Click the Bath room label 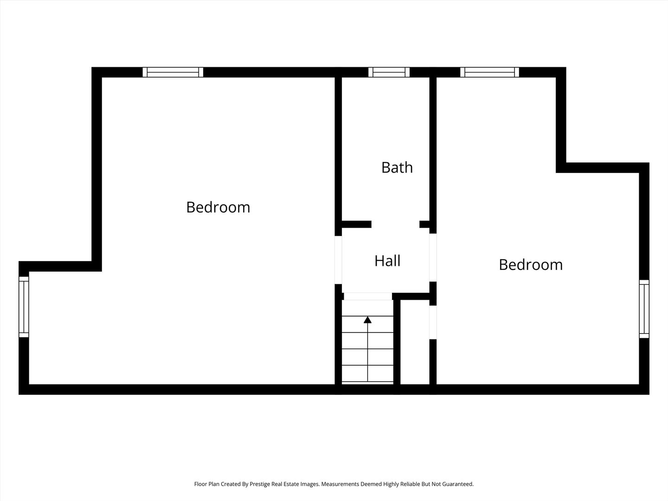[397, 167]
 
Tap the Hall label [387, 261]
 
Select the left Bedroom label [218, 207]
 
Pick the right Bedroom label [530, 264]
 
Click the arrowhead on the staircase [367, 320]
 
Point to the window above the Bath [389, 72]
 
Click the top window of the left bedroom [173, 72]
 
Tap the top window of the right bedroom [490, 72]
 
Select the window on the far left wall [24, 307]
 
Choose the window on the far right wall [644, 309]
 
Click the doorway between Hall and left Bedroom [338, 260]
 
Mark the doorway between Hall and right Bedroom [433, 257]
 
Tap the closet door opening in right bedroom [433, 322]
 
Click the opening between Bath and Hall [395, 225]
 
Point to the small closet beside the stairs [415, 342]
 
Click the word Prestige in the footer [260, 484]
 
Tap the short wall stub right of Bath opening [424, 225]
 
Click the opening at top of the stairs [368, 296]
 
